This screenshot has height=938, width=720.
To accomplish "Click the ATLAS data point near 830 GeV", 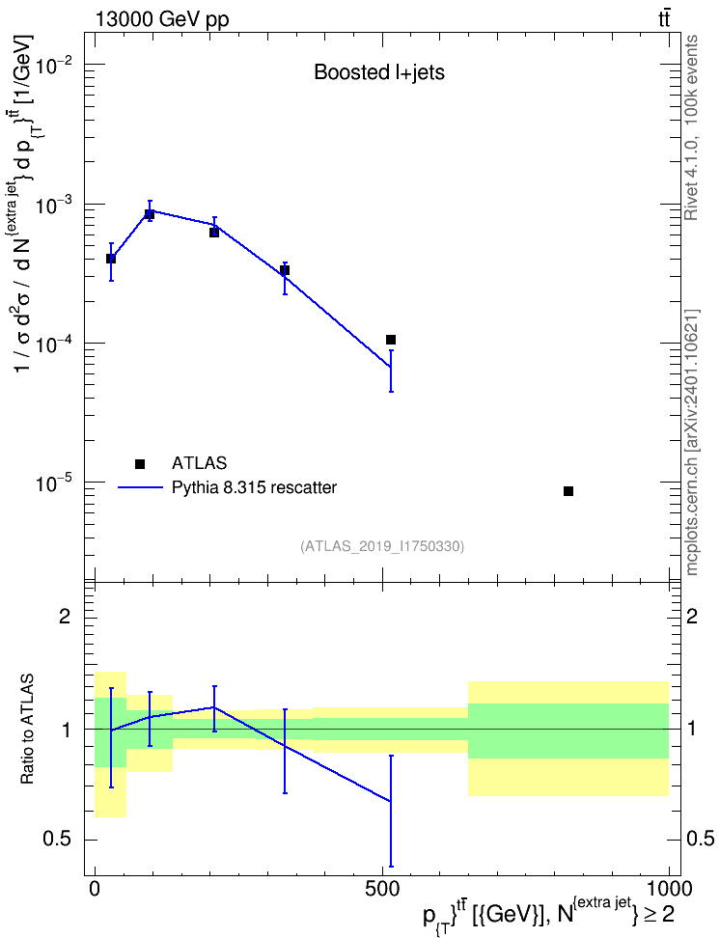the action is click(568, 491).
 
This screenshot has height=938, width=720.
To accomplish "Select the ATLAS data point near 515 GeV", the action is click(391, 340).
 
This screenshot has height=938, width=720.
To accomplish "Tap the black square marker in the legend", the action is click(140, 463).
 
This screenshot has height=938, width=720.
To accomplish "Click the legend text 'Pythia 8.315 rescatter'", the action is click(254, 487).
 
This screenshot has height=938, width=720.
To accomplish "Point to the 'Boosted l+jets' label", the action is click(379, 72).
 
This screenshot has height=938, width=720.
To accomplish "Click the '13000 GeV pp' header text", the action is click(162, 19).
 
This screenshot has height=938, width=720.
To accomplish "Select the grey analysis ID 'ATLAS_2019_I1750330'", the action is click(382, 545).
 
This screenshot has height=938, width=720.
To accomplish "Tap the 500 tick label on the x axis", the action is click(382, 889).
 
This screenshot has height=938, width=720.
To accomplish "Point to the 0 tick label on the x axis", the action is click(95, 889).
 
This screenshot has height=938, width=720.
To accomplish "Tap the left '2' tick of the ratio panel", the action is click(64, 616).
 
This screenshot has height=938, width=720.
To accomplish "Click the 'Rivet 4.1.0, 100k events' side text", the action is click(691, 127).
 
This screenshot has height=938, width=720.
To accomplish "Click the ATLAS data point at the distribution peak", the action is click(150, 215).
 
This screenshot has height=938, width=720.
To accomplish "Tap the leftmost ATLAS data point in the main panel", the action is click(111, 259).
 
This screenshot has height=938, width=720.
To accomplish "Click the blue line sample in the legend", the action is click(140, 488).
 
